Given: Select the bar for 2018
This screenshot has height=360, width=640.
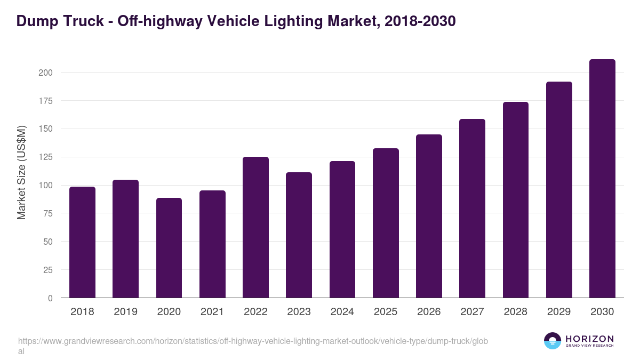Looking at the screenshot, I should pos(82,242).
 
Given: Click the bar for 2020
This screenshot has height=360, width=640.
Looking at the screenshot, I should pos(169,248).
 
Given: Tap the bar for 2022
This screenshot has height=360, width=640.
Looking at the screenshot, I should pos(255,227).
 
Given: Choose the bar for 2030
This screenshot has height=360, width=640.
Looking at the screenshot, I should pos(602,179).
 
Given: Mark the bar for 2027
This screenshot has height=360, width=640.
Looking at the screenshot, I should pos(472,209).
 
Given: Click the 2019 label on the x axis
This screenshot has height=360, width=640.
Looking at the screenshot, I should pos(125,312).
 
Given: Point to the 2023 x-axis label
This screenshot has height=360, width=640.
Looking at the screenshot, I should pos(299,312).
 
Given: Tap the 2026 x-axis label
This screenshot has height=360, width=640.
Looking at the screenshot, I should pos(429,312).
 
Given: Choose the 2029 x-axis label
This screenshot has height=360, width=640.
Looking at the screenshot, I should pos(559,312).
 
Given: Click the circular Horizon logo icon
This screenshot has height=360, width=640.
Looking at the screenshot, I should pos(553,341).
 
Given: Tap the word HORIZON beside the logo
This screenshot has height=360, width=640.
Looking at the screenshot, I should pos(589,338).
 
